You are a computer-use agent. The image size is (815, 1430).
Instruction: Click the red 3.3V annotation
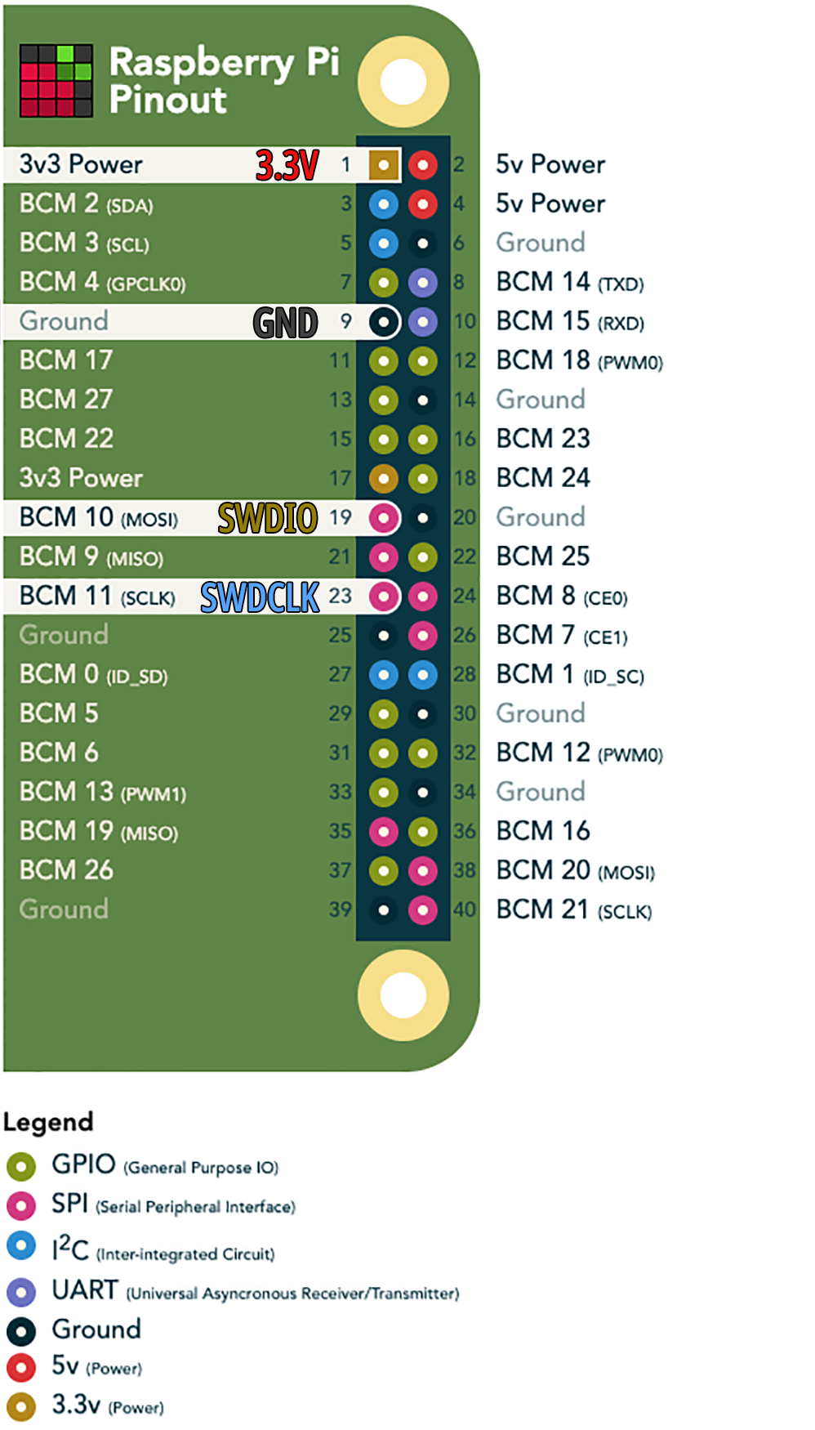pos(287,165)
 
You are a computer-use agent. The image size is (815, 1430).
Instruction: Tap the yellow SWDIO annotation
pos(267,518)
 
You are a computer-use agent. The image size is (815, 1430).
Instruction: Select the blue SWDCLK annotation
pos(260,597)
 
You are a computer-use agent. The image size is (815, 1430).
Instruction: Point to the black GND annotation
pos(285,323)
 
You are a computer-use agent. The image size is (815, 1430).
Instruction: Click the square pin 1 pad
pos(383,165)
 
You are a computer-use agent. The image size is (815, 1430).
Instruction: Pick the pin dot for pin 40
pos(422,910)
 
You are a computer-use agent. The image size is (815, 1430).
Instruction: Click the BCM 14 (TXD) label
pos(570,283)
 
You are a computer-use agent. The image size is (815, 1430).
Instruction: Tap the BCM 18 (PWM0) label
pos(579,361)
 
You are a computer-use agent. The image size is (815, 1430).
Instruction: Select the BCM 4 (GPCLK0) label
pos(102,283)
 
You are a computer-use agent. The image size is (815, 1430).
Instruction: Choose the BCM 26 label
pos(66,870)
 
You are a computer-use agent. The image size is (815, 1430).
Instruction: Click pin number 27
pos(340,675)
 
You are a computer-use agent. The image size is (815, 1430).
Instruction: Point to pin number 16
pos(465,440)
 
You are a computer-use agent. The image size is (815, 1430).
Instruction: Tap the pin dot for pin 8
pos(422,283)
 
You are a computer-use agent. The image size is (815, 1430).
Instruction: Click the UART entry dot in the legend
pos(21,1293)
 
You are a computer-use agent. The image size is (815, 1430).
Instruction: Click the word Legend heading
pos(48,1122)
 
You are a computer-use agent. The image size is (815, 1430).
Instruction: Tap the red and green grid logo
pos(56,81)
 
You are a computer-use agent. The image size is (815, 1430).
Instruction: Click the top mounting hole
pos(403,82)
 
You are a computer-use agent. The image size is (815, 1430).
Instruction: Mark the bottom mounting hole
pos(403,995)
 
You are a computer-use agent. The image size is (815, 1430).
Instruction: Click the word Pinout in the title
pos(168,100)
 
